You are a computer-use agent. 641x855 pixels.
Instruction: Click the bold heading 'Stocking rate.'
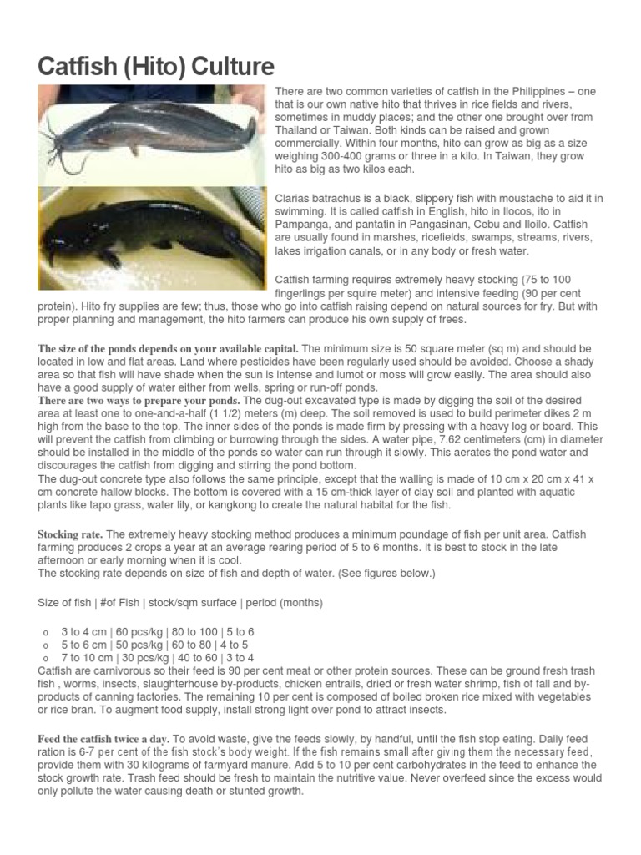[x=71, y=534]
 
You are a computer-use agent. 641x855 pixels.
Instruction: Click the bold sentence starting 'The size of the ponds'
[x=168, y=348]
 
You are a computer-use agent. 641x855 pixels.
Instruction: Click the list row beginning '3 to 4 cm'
[x=158, y=632]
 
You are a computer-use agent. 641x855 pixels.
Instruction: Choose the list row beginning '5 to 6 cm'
[x=154, y=645]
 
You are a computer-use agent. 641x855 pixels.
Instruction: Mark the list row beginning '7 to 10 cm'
[x=158, y=659]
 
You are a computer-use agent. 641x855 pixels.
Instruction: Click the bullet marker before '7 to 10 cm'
[x=43, y=660]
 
